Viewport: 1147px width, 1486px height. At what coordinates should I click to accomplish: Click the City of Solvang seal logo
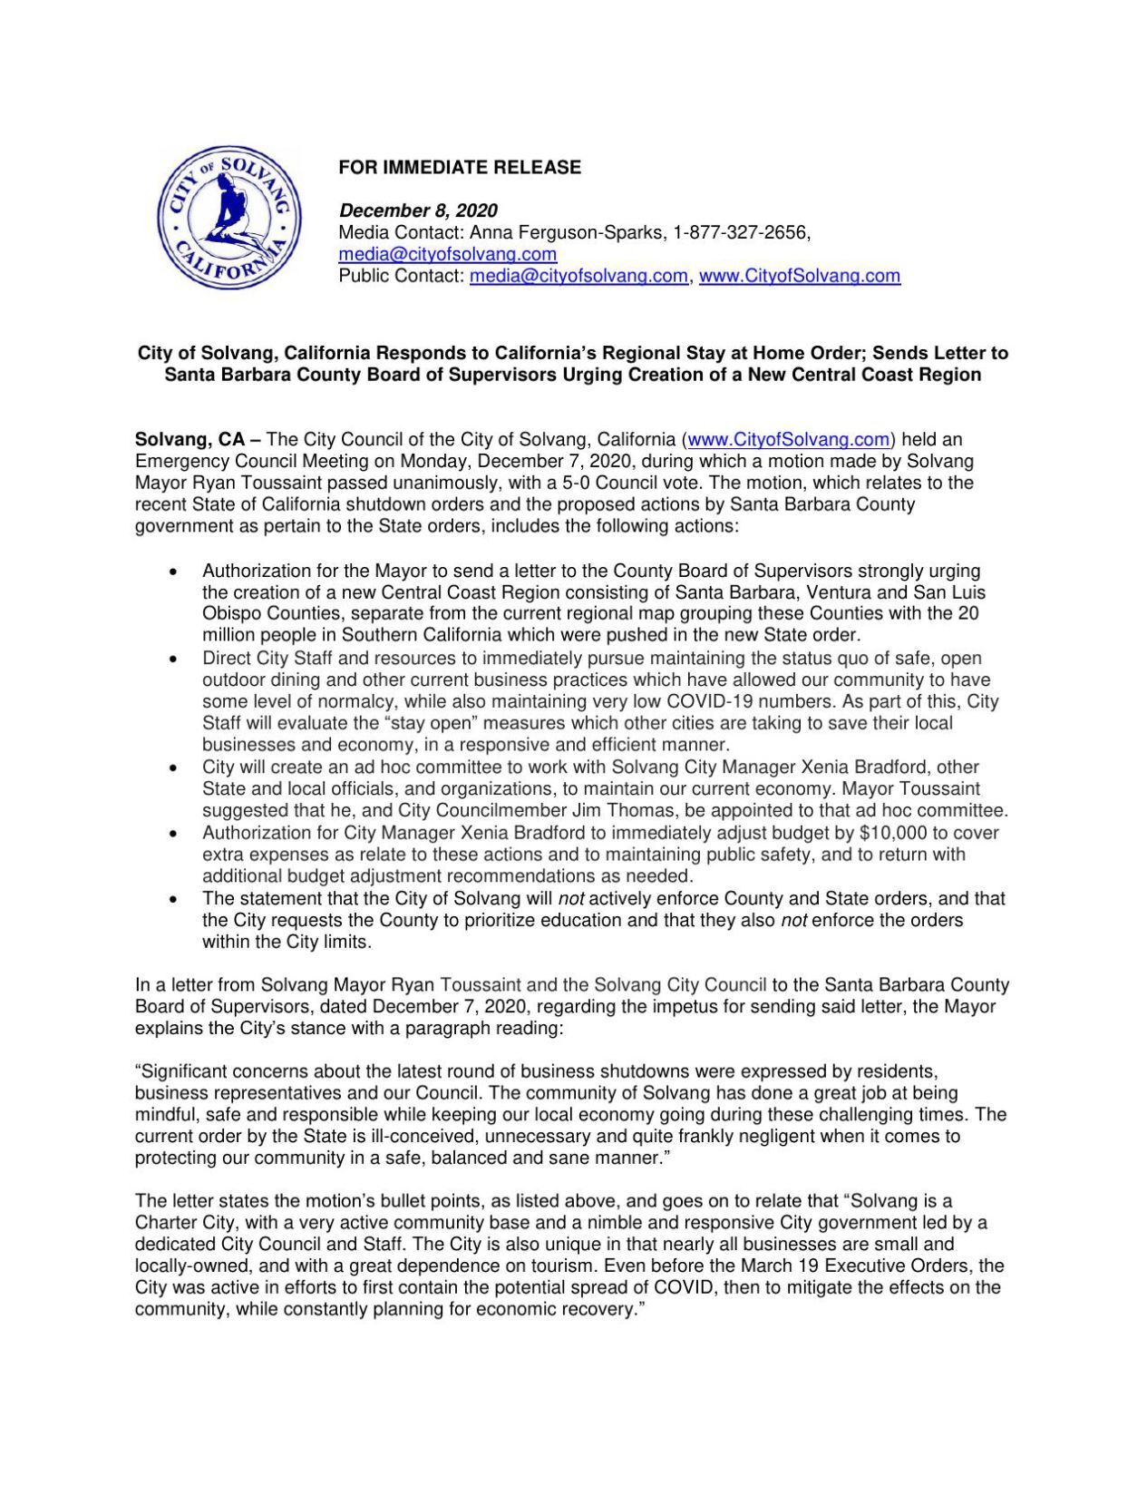point(228,219)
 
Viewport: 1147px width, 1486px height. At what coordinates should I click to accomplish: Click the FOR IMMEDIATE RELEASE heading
point(460,167)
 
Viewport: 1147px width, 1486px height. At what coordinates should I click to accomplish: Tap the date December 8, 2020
point(418,210)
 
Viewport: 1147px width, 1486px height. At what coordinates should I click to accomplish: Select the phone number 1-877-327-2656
point(739,233)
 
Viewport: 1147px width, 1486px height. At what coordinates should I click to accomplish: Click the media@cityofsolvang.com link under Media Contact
point(447,255)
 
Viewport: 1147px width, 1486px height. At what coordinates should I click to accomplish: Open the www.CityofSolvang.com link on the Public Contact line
point(799,276)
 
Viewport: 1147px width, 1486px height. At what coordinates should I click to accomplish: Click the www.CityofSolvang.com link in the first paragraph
point(788,440)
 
